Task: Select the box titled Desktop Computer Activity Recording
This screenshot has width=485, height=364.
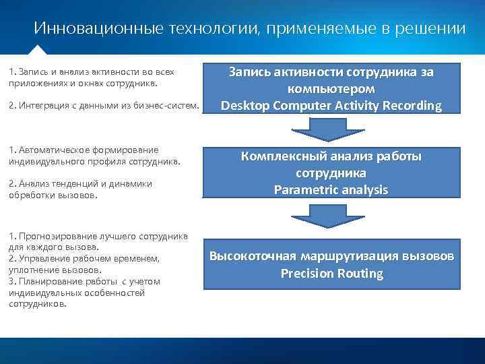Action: (x=331, y=88)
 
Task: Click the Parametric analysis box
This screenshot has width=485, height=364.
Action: (x=331, y=173)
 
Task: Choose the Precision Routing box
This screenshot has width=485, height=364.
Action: (x=331, y=265)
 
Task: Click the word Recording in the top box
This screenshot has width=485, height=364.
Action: (x=412, y=106)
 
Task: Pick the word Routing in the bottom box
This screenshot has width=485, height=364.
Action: (x=358, y=274)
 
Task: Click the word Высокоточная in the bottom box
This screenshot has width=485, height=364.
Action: (x=252, y=256)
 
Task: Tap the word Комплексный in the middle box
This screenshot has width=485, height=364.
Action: (x=284, y=156)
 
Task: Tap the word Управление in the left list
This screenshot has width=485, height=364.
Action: (x=42, y=259)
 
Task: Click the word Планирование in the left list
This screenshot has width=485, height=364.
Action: (x=44, y=281)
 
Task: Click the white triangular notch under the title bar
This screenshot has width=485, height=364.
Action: (x=38, y=50)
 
